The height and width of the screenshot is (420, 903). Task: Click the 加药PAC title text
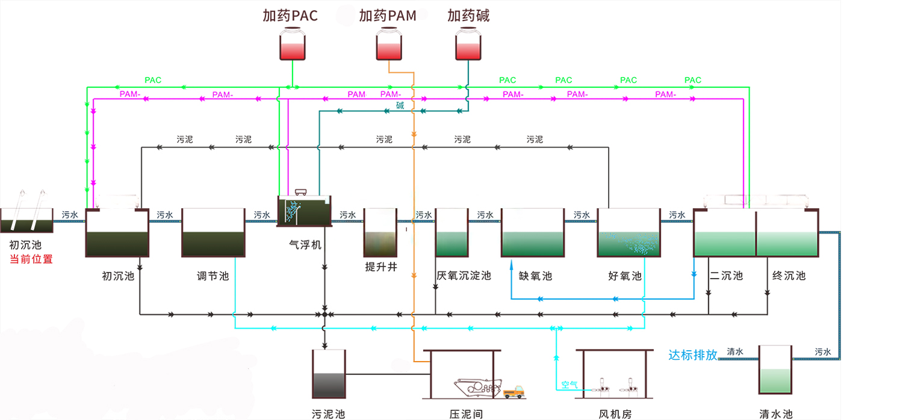point(290,16)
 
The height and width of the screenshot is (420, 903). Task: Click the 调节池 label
point(213,276)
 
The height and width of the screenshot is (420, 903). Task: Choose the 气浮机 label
point(305,245)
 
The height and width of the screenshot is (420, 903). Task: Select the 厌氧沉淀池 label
point(464,276)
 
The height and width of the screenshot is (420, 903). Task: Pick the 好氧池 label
point(625,276)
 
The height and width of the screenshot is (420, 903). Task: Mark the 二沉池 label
point(726,276)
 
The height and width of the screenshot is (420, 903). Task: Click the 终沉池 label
point(789,276)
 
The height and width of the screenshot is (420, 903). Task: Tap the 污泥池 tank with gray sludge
point(329,374)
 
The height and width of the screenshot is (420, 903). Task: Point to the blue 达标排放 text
point(693,355)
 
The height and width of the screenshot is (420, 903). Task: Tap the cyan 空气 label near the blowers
point(569,384)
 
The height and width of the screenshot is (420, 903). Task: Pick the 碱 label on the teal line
point(400,107)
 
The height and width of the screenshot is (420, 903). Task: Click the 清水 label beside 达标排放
point(735,352)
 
